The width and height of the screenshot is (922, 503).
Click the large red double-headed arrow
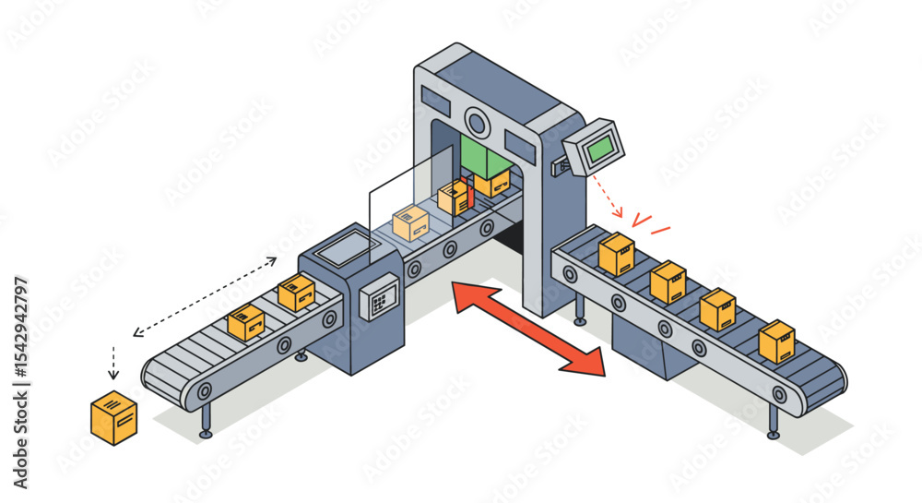(x=527, y=329)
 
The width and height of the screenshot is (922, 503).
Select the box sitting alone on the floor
(x=114, y=418)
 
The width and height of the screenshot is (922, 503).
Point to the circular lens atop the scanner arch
(x=477, y=121)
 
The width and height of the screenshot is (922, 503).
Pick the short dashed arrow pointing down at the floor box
(x=113, y=363)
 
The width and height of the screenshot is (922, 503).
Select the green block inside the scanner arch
(x=486, y=157)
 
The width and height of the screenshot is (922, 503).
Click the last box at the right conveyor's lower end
(x=776, y=341)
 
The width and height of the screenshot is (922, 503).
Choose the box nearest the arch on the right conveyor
(x=616, y=254)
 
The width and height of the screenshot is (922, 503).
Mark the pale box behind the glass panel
(x=410, y=222)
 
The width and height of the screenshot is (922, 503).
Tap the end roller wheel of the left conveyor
(x=204, y=391)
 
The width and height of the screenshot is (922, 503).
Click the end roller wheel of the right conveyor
(x=779, y=395)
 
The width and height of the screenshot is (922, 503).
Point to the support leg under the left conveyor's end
(x=206, y=421)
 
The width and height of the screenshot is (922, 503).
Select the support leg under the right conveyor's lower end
(x=773, y=422)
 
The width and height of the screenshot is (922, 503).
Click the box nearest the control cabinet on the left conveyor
(x=296, y=292)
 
